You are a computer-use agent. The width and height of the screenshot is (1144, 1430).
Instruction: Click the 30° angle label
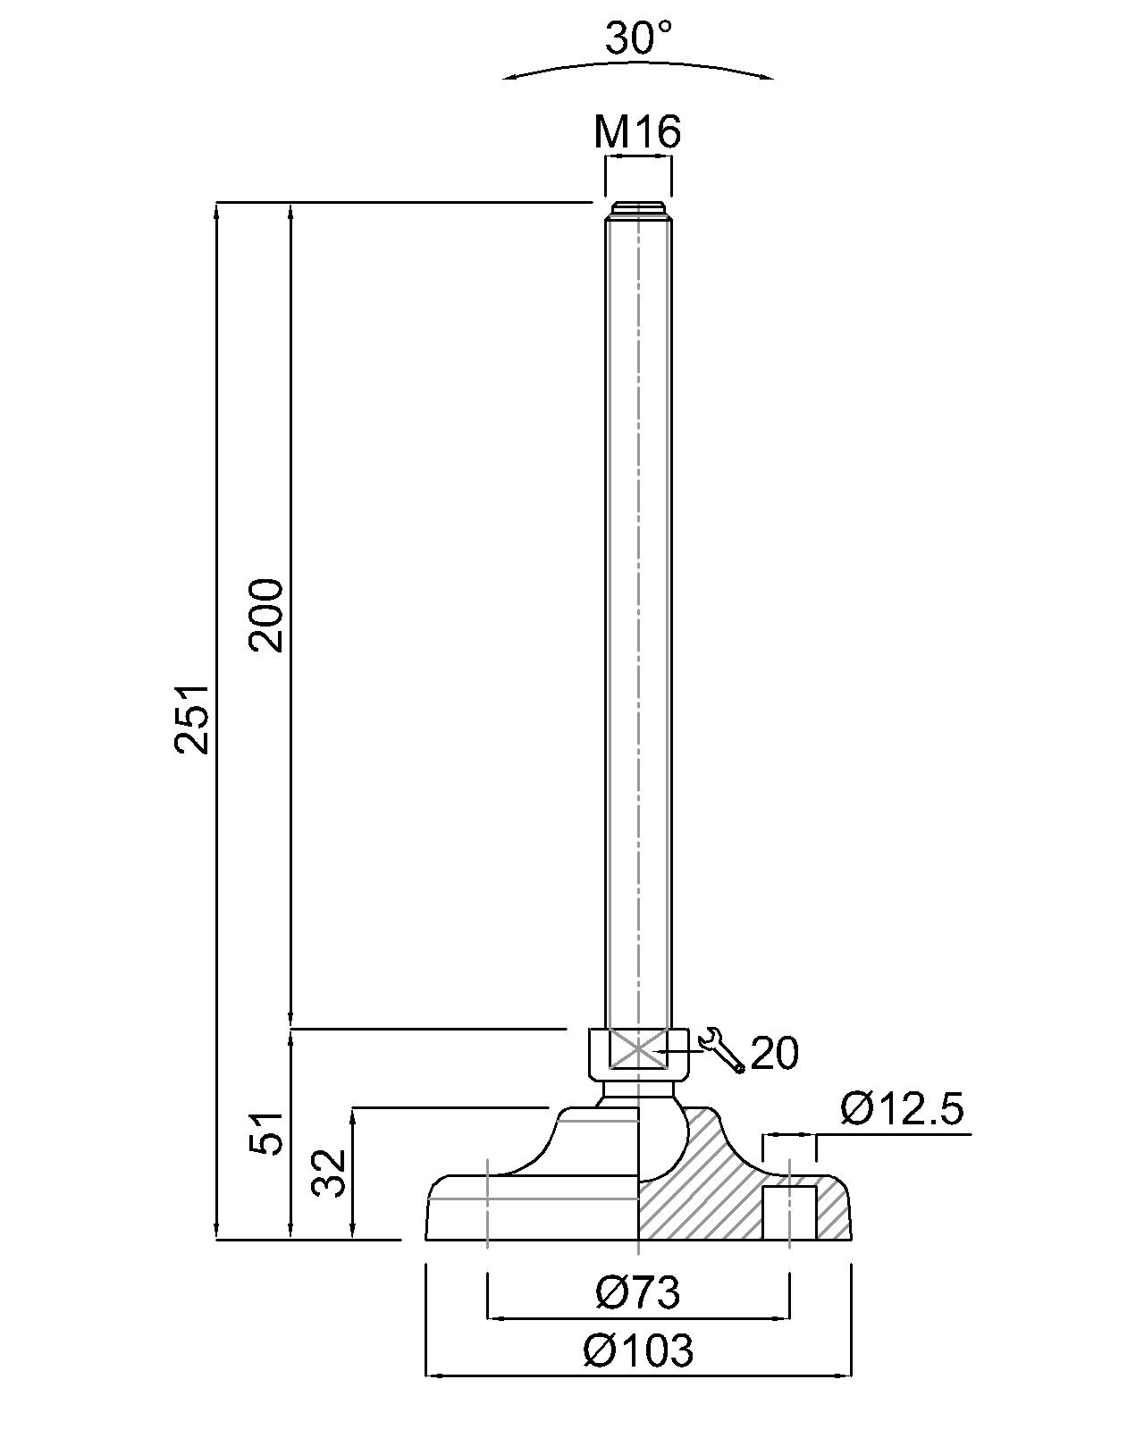(x=638, y=38)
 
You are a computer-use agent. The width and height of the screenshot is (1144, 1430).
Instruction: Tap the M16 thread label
(x=637, y=132)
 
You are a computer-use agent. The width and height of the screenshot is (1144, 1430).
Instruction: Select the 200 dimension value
(x=267, y=615)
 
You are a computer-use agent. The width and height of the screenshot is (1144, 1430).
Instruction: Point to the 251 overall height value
(x=192, y=719)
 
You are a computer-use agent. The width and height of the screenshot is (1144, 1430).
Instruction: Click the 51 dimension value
(x=267, y=1133)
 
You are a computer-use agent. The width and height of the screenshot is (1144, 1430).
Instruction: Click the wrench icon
(x=722, y=1050)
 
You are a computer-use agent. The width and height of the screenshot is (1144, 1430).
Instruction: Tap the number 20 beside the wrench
(x=774, y=1054)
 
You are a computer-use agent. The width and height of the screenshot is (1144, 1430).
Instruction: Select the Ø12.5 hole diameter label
(x=902, y=1110)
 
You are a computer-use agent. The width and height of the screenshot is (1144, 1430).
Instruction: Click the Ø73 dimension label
(x=638, y=1293)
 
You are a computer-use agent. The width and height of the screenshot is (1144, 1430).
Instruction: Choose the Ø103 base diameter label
(x=638, y=1350)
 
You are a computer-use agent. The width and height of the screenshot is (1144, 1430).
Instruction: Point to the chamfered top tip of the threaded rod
(x=638, y=211)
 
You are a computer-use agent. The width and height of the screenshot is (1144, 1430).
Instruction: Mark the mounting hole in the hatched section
(x=789, y=1212)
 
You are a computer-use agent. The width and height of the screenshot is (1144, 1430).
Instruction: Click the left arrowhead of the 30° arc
(x=509, y=79)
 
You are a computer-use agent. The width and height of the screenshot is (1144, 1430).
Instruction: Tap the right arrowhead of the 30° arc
(x=768, y=78)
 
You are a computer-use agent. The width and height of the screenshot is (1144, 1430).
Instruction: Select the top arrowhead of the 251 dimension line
(x=217, y=210)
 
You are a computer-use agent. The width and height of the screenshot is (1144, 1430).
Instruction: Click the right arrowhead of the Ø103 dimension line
(x=845, y=1375)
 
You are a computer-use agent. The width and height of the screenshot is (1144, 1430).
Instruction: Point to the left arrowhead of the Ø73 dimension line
(x=492, y=1317)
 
